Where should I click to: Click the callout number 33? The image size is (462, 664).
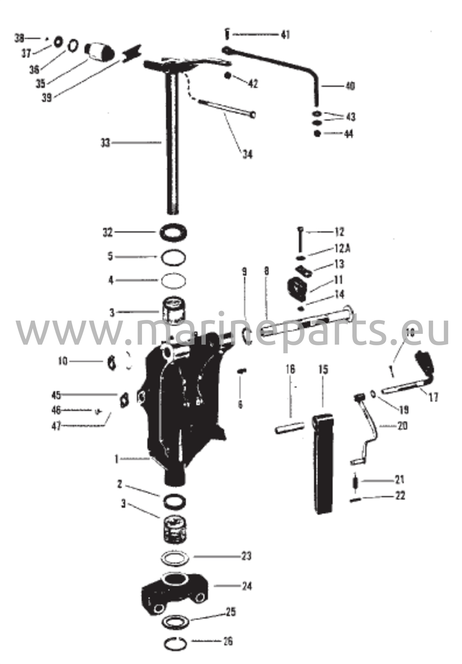click(x=106, y=143)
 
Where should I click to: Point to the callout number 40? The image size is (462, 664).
click(x=349, y=86)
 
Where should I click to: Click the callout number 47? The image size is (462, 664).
click(x=56, y=426)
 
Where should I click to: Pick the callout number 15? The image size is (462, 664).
click(x=323, y=370)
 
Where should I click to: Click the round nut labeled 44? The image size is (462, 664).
click(x=317, y=134)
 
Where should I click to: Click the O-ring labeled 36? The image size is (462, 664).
click(x=73, y=45)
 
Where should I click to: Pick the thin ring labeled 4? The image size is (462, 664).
click(x=174, y=280)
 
